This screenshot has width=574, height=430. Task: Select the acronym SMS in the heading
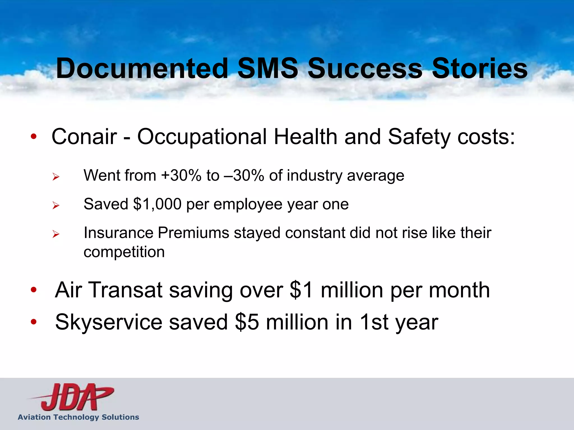268,69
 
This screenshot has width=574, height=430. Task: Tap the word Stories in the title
480,69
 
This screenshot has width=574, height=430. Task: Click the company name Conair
84,137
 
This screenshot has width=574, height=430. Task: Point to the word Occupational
202,137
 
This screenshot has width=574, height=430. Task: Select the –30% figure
244,176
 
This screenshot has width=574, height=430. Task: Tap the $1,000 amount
157,204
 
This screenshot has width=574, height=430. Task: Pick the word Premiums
193,233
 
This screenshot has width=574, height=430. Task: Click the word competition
124,252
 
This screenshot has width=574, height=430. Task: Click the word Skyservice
109,322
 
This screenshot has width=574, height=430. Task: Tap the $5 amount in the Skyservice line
247,322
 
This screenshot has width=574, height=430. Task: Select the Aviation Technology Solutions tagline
78,417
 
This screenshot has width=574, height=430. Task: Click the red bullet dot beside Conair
34,137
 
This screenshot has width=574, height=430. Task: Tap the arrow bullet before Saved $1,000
56,205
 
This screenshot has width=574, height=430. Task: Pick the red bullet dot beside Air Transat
34,290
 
